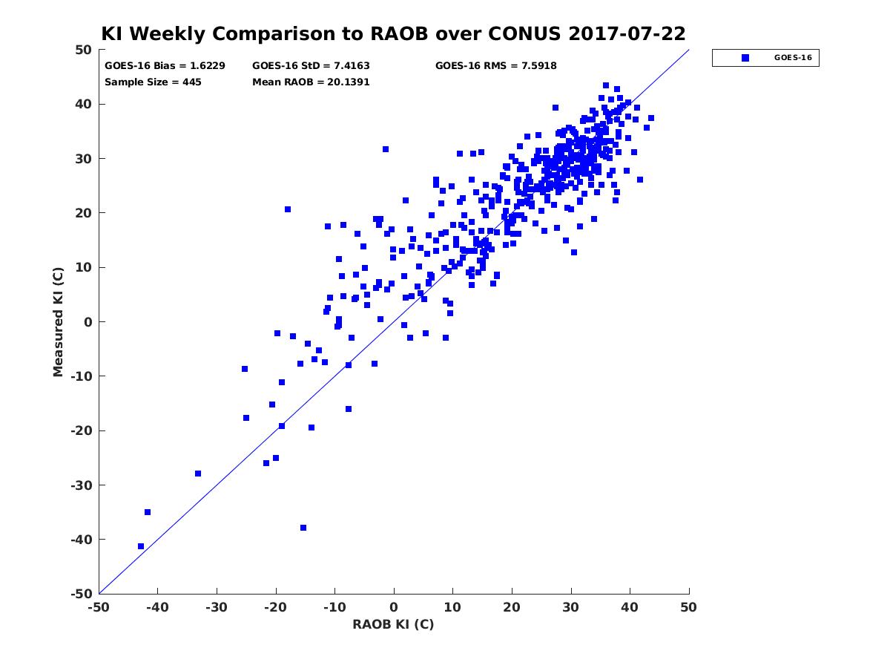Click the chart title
tap(393, 33)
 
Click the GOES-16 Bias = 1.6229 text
tap(165, 66)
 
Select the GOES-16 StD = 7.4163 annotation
tap(311, 66)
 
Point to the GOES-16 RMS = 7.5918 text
tap(496, 66)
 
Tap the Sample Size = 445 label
tap(153, 82)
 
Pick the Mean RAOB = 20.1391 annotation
tap(311, 82)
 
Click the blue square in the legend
tap(745, 58)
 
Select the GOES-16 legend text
tap(793, 58)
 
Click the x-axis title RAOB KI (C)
tap(393, 624)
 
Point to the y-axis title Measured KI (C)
tap(58, 321)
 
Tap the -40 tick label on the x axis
tap(157, 607)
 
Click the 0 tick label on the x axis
tap(394, 607)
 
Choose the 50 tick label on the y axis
tap(84, 50)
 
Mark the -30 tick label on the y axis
tap(82, 485)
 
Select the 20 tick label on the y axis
tap(84, 213)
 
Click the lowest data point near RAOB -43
tap(141, 546)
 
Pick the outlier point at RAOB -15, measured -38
tap(303, 528)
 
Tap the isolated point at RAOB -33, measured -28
tap(198, 474)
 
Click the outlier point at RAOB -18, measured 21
tap(288, 209)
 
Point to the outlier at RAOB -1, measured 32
tap(386, 149)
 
